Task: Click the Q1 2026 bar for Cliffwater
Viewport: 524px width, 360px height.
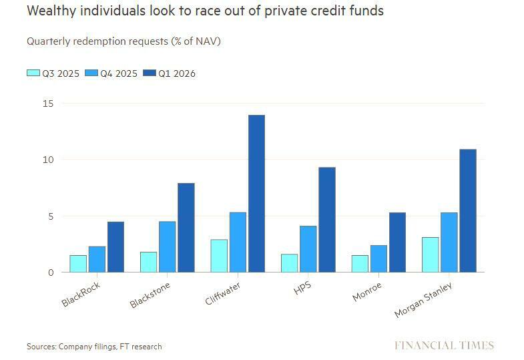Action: [256, 194]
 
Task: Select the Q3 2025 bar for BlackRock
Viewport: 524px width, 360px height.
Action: [78, 264]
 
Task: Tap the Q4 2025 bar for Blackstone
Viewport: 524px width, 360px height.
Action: [166, 246]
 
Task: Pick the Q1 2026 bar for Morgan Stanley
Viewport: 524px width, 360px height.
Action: [468, 210]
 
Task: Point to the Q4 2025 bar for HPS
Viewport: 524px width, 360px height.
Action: [308, 249]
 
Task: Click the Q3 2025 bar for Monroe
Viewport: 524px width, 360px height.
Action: [360, 264]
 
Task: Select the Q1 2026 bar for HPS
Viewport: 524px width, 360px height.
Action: [327, 220]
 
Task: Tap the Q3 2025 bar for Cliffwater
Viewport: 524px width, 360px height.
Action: [219, 256]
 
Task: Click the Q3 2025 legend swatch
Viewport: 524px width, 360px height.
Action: [33, 73]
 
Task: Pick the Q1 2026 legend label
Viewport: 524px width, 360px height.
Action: [177, 73]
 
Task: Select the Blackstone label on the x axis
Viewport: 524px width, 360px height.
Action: [150, 294]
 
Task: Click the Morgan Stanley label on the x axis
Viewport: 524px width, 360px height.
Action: [424, 300]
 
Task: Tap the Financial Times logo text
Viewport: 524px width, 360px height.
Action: [444, 345]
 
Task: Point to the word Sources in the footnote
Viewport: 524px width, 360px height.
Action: [41, 347]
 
